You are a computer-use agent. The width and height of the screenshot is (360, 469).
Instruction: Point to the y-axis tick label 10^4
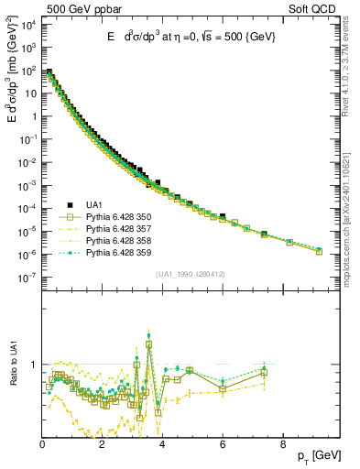click(29, 24)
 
